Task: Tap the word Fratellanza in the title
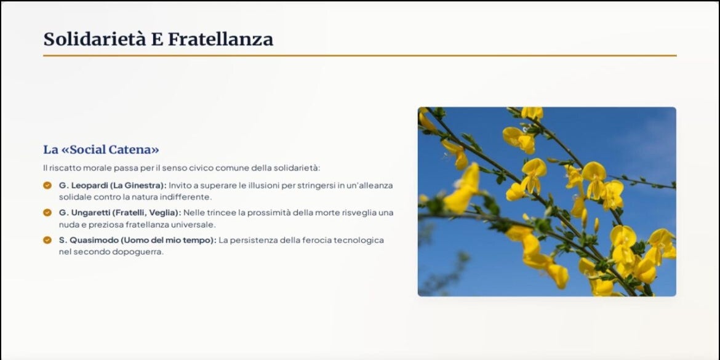(220, 39)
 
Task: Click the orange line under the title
(359, 55)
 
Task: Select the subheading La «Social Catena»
(101, 150)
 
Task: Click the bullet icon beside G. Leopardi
(47, 185)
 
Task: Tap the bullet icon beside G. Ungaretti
(47, 212)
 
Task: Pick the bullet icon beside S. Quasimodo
(47, 240)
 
